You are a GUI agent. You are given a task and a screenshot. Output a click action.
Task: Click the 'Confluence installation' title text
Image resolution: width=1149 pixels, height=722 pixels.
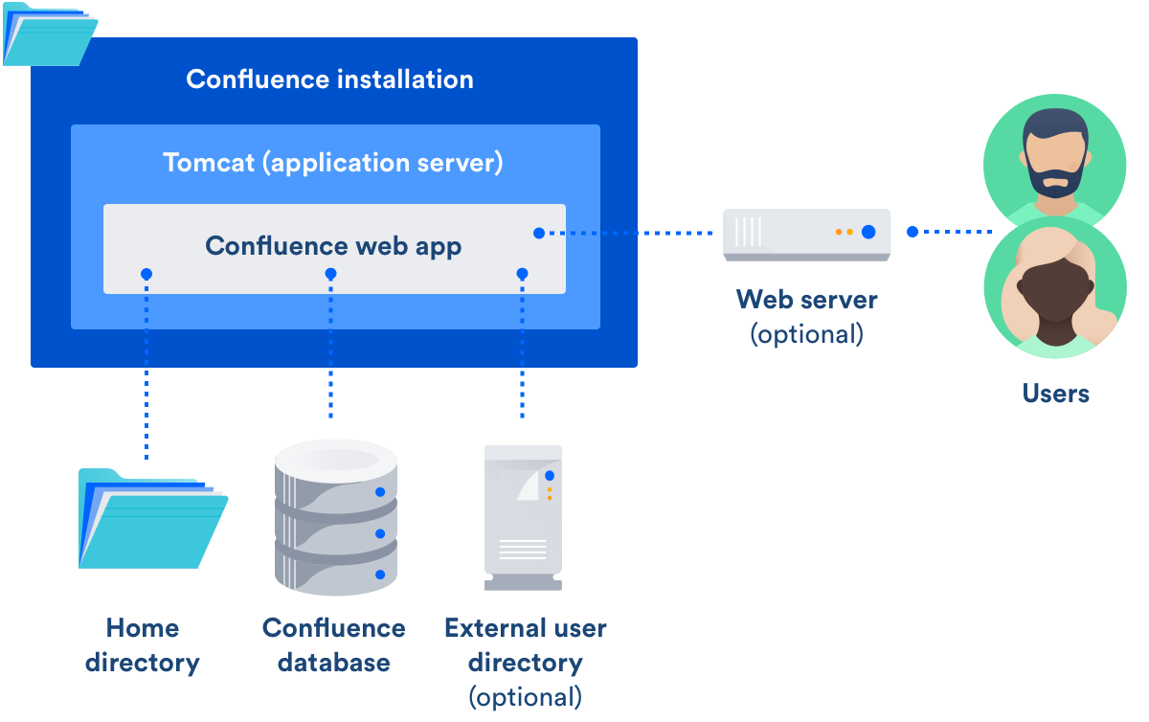point(329,79)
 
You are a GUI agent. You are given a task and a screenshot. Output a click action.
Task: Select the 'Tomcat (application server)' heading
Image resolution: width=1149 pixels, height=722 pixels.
point(332,162)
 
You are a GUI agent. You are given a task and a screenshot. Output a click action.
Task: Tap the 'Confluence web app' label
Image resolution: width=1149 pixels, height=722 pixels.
point(333,246)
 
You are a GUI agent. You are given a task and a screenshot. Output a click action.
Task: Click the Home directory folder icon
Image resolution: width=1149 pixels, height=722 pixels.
point(151,518)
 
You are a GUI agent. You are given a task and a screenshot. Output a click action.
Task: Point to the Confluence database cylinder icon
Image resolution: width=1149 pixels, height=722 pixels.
point(335,517)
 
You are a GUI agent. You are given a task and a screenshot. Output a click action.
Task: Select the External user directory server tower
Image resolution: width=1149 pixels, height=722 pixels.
point(522,517)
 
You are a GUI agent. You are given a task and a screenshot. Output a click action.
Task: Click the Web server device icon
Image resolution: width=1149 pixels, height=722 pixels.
point(806,234)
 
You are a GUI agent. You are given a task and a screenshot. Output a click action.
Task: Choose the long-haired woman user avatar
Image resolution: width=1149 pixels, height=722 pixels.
point(1054,292)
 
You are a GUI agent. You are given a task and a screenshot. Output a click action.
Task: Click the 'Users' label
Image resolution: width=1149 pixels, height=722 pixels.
point(1055,394)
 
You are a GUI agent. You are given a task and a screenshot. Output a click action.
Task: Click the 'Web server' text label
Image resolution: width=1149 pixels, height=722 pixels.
point(806,299)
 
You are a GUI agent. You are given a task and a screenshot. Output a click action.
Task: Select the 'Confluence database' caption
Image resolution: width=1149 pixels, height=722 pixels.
point(333,644)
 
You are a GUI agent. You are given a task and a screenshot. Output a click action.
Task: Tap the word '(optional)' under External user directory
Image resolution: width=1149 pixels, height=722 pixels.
point(525,695)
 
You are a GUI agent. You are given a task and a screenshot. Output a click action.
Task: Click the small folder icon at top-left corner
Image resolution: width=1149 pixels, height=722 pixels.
point(47,34)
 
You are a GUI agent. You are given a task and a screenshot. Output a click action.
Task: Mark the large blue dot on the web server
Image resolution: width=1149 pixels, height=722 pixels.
point(867,232)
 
